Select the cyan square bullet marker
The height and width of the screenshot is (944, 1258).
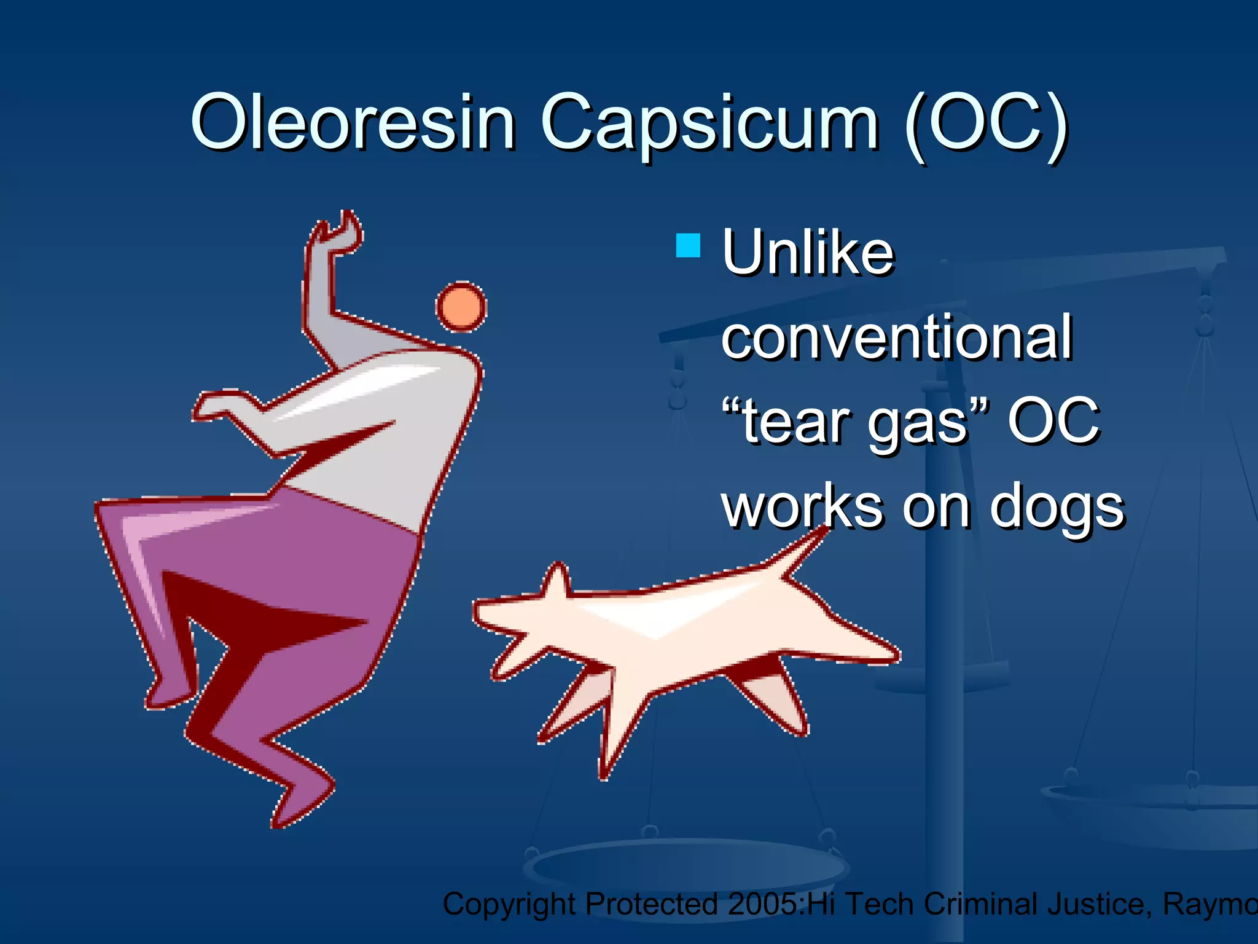687,245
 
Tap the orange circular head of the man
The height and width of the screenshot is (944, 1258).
461,307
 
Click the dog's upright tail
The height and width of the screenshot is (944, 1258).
799,553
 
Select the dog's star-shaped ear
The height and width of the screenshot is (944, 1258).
556,581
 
